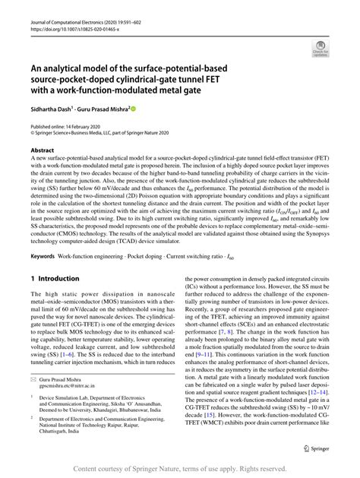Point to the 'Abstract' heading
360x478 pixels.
coord(43,150)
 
